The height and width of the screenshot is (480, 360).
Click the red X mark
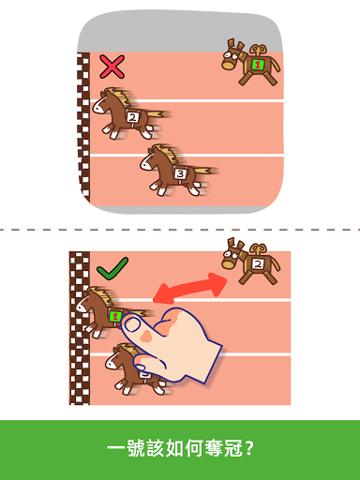point(112,67)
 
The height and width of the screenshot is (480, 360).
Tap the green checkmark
point(112,269)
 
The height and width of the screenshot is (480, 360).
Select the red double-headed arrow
point(189,288)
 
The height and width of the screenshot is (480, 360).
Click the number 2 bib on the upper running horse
point(133,117)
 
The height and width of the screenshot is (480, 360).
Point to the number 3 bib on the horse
point(180,172)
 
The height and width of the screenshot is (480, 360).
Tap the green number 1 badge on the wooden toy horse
point(257,65)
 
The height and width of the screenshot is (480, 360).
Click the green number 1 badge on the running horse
point(115,316)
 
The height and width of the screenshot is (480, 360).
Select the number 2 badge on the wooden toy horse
point(258,264)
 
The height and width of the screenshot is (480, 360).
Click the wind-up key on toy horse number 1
point(258,50)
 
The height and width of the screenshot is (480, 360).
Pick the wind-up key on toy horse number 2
point(258,249)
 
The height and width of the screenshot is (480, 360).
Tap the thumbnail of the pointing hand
point(133,324)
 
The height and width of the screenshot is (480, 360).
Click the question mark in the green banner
point(249,448)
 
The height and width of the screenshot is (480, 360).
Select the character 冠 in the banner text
point(233,448)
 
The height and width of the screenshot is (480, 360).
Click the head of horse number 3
point(150,160)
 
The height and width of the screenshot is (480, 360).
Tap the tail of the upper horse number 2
point(158,113)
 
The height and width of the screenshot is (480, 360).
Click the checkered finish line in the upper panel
point(83,127)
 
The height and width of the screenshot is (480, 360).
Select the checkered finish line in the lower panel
point(80,328)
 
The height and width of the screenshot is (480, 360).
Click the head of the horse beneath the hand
point(116,358)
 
